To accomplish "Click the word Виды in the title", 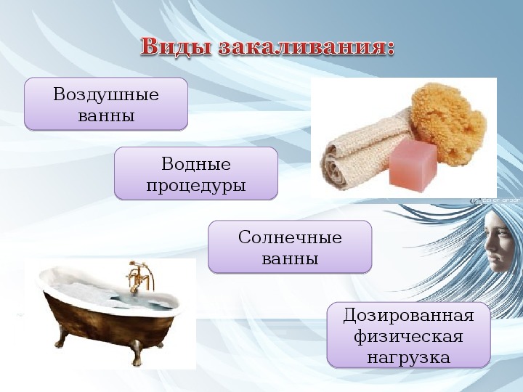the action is coord(176,46).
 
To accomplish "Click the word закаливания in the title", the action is coord(301,46).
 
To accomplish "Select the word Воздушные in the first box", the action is coord(106,94).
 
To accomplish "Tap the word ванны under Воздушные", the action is coord(106,115).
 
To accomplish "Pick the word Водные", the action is coord(196,163).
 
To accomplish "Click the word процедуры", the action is coord(196,186).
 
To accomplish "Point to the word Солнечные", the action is coord(290,237).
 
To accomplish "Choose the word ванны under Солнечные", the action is coord(290,259).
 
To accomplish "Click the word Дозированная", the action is coord(408,315).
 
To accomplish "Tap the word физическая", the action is coord(408,336).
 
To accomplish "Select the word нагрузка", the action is coord(408,358).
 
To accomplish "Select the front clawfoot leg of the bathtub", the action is coord(137,353).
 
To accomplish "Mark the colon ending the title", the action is coord(389,49).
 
